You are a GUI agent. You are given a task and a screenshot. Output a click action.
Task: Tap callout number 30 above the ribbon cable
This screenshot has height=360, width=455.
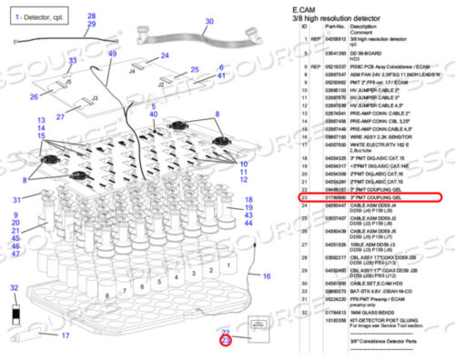click(x=208, y=21)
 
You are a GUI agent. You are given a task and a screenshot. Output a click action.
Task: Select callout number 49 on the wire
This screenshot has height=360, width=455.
click(x=112, y=55)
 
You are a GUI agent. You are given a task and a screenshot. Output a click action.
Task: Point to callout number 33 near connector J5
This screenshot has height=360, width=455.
click(x=73, y=62)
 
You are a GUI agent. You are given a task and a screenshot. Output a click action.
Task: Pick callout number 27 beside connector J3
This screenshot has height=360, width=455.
click(x=59, y=117)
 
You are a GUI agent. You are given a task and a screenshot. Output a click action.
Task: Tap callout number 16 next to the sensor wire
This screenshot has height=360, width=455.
click(x=267, y=275)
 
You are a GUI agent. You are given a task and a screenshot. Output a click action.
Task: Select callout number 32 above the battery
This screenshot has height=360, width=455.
click(x=12, y=288)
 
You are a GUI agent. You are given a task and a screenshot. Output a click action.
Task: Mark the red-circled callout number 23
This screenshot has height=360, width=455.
click(x=226, y=340)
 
